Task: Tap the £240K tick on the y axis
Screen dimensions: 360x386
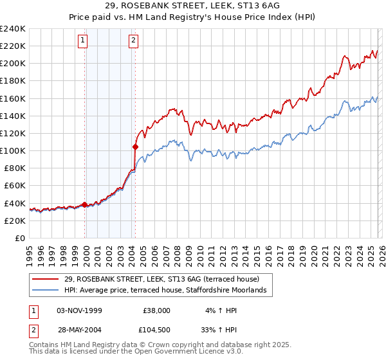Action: pos(13,29)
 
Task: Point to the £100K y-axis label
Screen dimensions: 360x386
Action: pos(13,150)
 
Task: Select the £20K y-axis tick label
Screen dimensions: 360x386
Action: pos(15,221)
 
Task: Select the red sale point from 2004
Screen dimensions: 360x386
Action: pos(136,147)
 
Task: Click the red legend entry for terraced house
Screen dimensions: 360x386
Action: pos(161,279)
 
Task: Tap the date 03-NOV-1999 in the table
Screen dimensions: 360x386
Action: pos(79,310)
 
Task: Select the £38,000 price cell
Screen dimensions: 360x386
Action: pos(156,310)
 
